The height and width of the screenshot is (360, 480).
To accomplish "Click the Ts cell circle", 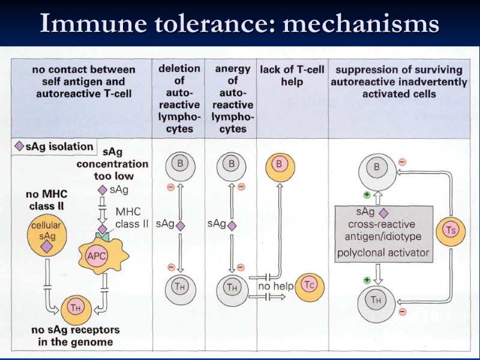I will (451, 229).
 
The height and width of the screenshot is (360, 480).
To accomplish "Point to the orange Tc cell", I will (309, 285).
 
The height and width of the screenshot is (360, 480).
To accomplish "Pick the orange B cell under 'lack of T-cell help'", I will (278, 163).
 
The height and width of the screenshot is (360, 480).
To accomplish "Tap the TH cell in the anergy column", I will (232, 287).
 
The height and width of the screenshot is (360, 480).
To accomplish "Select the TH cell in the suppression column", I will (377, 299).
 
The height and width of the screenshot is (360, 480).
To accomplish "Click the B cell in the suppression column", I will (377, 167).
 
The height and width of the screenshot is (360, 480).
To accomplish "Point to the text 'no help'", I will (275, 287).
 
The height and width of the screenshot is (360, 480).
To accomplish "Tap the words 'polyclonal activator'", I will (383, 253).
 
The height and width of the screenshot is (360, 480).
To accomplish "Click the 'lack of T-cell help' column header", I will (292, 75).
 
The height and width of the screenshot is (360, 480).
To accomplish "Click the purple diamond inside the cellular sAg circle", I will (47, 246).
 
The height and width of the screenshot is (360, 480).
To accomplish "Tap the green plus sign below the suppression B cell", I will (367, 194).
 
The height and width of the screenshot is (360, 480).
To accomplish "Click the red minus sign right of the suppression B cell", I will (402, 162).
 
